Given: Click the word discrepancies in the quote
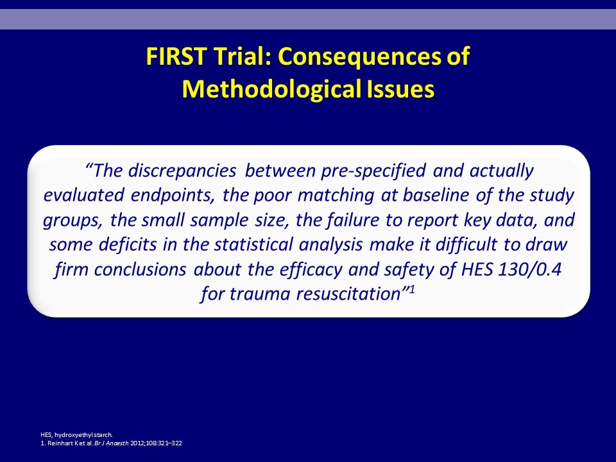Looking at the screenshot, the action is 182,171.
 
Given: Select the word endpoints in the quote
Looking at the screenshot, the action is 173,196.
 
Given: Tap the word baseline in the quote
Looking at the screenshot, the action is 436,195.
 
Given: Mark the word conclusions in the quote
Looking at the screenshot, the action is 140,269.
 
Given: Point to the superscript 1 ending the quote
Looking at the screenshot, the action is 412,289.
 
